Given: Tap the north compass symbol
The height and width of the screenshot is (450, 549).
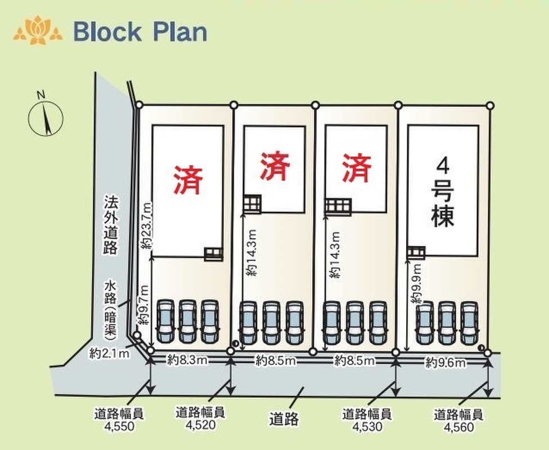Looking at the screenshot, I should coord(45,117).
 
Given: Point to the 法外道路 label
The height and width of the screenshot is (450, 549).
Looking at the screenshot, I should coord(110,225).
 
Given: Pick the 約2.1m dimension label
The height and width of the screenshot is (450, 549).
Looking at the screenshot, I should coord(109,354).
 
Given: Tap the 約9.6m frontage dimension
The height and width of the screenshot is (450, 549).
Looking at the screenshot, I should coord(445,362).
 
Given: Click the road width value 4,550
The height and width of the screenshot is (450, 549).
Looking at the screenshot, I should coord(119,426).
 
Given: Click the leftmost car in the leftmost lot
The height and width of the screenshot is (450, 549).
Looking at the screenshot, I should coord(165,321).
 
